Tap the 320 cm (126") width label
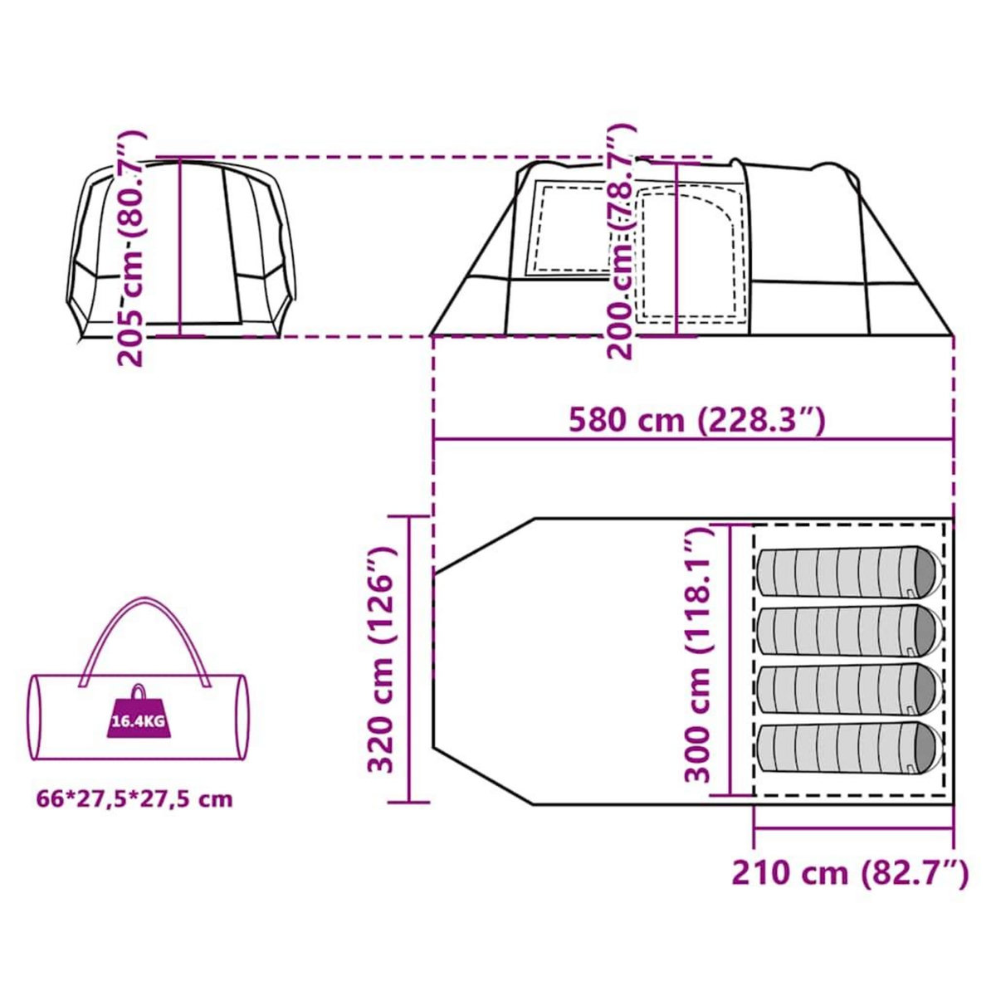pos(383,660)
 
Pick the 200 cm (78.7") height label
pos(621,242)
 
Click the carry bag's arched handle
pos(145,614)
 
